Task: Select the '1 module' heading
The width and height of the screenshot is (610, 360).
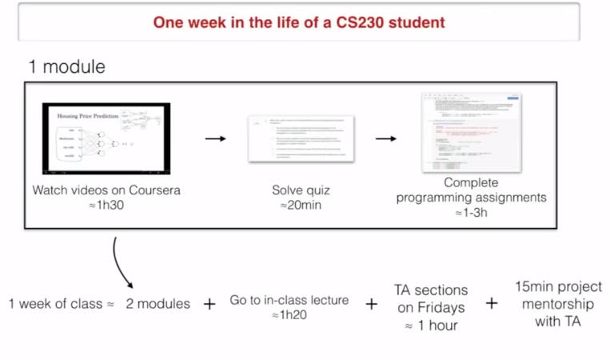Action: pyautogui.click(x=66, y=66)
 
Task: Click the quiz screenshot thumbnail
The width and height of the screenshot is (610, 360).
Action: pyautogui.click(x=301, y=139)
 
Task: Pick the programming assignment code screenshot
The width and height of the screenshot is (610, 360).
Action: pyautogui.click(x=471, y=133)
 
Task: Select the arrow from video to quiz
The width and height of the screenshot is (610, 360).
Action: pyautogui.click(x=215, y=139)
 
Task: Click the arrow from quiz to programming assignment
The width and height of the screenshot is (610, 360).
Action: pyautogui.click(x=386, y=139)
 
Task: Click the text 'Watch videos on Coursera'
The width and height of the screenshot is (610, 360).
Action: pyautogui.click(x=106, y=190)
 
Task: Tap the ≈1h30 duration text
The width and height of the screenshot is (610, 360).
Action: pyautogui.click(x=106, y=205)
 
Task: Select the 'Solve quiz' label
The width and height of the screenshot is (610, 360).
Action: pyautogui.click(x=300, y=190)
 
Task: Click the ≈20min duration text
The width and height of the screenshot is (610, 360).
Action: pyautogui.click(x=300, y=205)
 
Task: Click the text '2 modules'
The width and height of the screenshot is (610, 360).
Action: pyautogui.click(x=158, y=304)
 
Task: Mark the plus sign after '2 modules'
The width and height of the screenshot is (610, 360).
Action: pyautogui.click(x=209, y=304)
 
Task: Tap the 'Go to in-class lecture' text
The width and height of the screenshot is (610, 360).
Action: pyautogui.click(x=289, y=300)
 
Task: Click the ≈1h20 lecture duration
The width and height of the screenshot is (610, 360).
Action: pyautogui.click(x=289, y=315)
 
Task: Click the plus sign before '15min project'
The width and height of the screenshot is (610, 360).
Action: pyautogui.click(x=491, y=303)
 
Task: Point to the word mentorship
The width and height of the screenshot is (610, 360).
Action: pyautogui.click(x=559, y=304)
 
